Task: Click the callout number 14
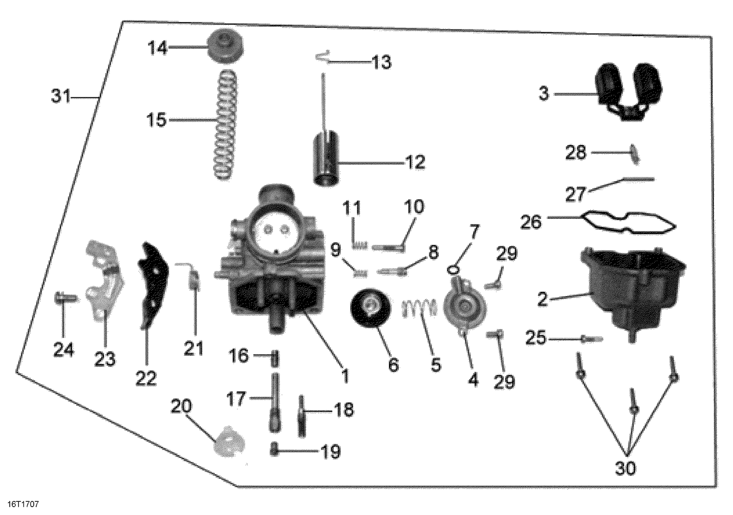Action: pyautogui.click(x=158, y=48)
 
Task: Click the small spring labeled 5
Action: pyautogui.click(x=419, y=309)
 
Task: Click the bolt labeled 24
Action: pyautogui.click(x=65, y=297)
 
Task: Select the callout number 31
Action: pyautogui.click(x=61, y=97)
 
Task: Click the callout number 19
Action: pyautogui.click(x=331, y=452)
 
